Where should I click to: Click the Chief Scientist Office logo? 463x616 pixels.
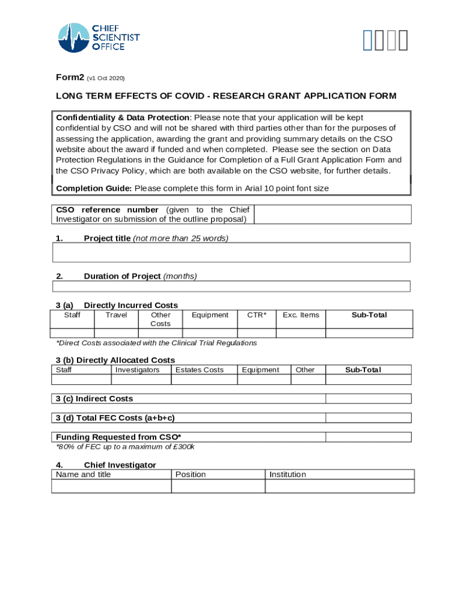pyautogui.click(x=99, y=37)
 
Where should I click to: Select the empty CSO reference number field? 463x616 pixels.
pyautogui.click(x=333, y=214)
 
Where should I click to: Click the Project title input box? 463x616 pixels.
pyautogui.click(x=231, y=253)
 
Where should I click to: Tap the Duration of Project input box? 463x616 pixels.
pyautogui.click(x=231, y=286)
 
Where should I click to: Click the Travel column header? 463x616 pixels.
pyautogui.click(x=116, y=315)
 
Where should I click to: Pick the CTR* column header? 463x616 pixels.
pyautogui.click(x=257, y=315)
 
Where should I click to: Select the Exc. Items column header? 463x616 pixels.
pyautogui.click(x=301, y=315)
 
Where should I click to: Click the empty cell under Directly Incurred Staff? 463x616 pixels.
pyautogui.click(x=72, y=333)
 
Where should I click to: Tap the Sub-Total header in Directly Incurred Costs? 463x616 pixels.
pyautogui.click(x=369, y=315)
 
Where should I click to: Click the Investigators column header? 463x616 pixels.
pyautogui.click(x=138, y=370)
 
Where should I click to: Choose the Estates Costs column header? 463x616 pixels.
pyautogui.click(x=199, y=370)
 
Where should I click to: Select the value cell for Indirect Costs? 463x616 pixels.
pyautogui.click(x=368, y=399)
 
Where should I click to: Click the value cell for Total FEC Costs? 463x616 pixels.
pyautogui.click(x=368, y=418)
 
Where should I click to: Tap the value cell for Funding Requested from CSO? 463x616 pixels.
pyautogui.click(x=368, y=437)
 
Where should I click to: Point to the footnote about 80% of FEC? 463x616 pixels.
pyautogui.click(x=125, y=447)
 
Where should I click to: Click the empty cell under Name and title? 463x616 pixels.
pyautogui.click(x=111, y=486)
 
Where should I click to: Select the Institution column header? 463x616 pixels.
pyautogui.click(x=287, y=475)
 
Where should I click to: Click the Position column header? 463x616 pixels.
pyautogui.click(x=191, y=475)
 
